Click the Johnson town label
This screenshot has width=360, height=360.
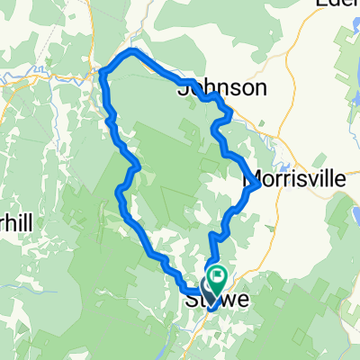tap(222, 87)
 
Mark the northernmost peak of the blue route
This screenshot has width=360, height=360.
tap(132, 52)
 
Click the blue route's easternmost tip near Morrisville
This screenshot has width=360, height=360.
tap(259, 185)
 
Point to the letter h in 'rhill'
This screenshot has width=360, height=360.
tap(13, 220)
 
